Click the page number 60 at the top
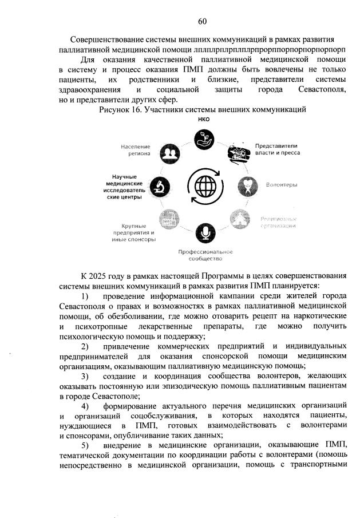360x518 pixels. tap(202, 21)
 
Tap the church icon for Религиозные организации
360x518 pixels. tap(239, 219)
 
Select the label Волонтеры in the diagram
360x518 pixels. tap(281, 185)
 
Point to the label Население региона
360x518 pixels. tap(136, 150)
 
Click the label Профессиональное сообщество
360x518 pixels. tap(205, 255)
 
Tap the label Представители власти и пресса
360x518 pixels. tap(277, 149)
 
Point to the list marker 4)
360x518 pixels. tap(85, 405)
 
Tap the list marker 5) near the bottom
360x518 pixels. tap(85, 444)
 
